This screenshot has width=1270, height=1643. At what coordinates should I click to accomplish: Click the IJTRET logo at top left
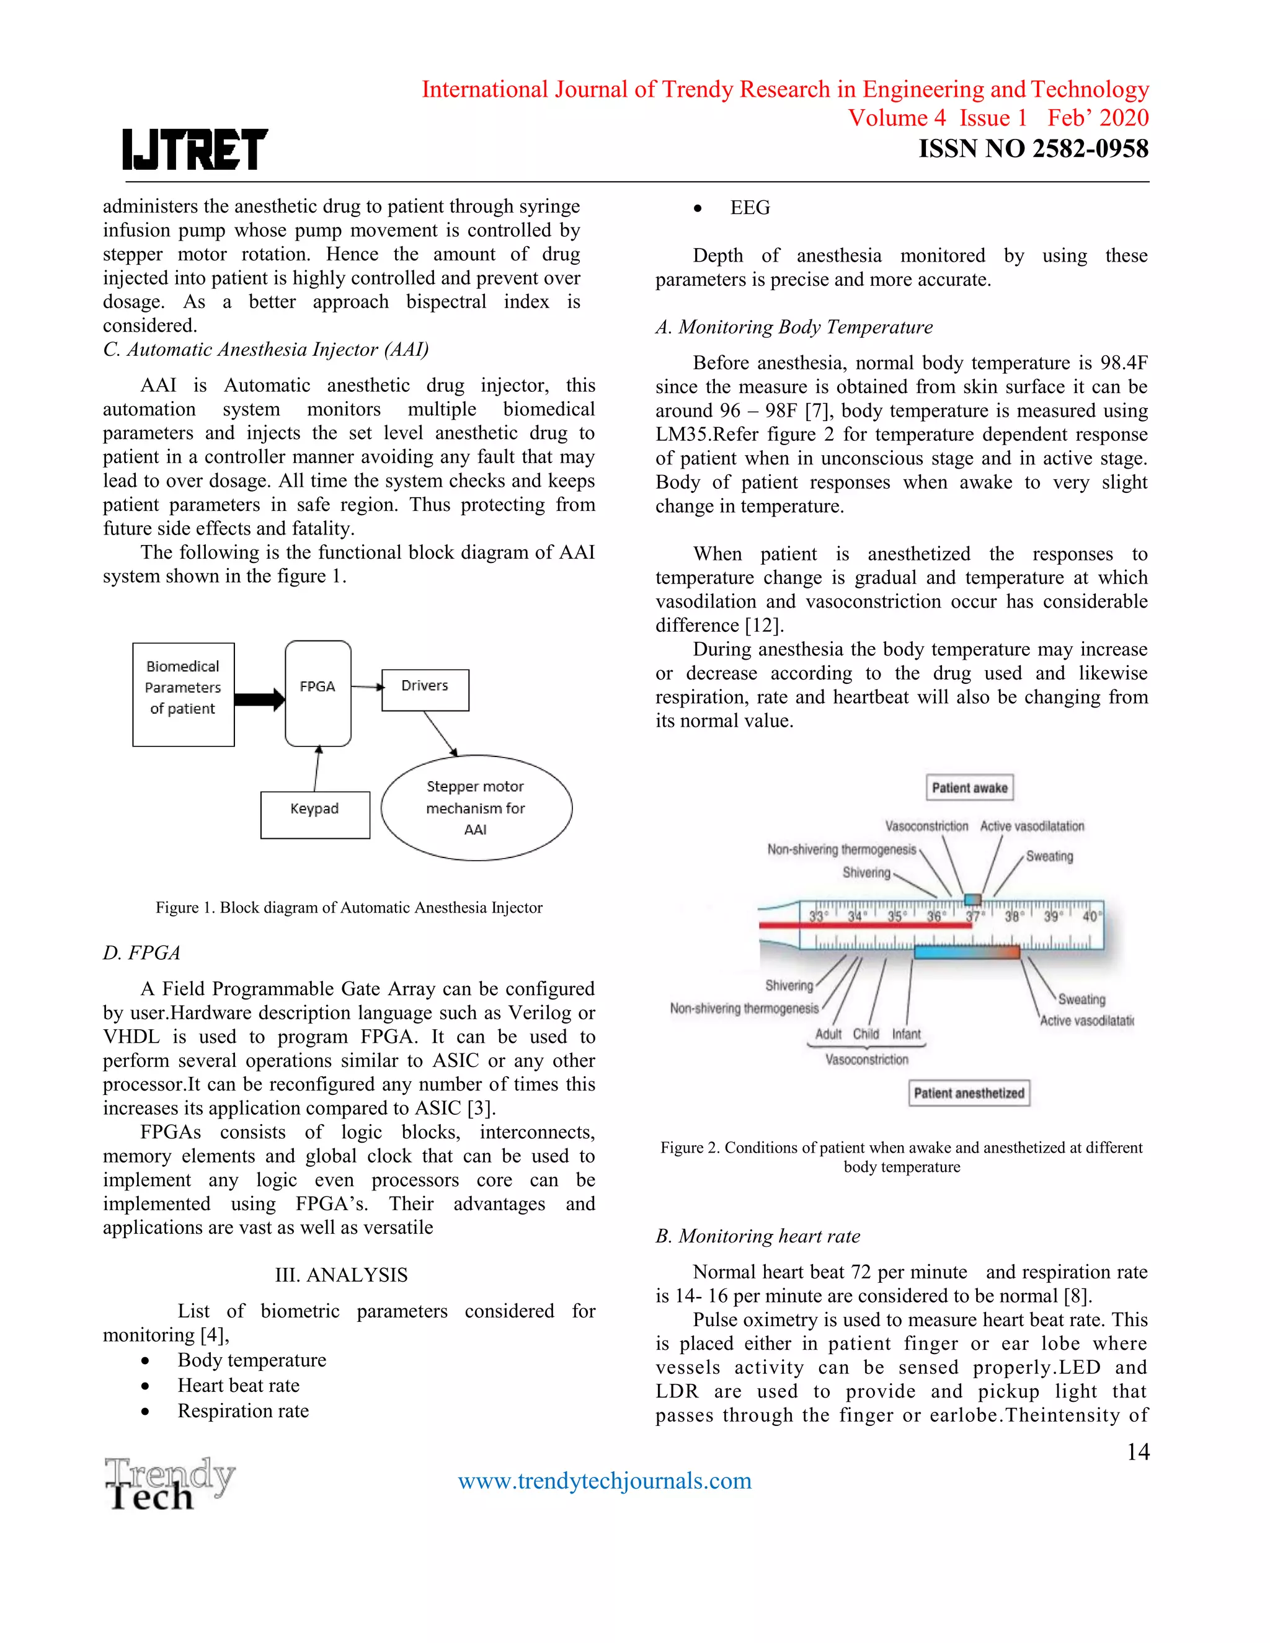click(195, 149)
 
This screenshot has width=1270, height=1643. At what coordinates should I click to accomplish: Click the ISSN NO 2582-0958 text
click(1033, 149)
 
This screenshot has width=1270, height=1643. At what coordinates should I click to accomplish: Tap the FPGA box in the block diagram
click(317, 693)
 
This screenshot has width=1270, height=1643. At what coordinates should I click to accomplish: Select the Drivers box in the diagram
click(425, 689)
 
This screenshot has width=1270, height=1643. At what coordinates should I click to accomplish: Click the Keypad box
click(315, 814)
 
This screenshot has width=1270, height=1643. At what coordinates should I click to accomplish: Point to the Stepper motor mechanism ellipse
click(476, 808)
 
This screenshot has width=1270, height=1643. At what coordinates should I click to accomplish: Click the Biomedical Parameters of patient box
click(183, 694)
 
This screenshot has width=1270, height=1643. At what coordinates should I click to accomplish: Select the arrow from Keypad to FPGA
click(317, 769)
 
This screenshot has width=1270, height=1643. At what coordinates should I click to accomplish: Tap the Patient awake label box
click(969, 787)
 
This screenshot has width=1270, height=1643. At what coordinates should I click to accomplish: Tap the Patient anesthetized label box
click(969, 1093)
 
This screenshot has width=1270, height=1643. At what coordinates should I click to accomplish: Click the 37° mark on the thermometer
click(974, 916)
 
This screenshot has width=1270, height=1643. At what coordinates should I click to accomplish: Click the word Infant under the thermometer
click(906, 1034)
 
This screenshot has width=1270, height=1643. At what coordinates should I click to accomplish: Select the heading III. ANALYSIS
click(341, 1275)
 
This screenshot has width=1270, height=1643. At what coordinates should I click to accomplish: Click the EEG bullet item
click(749, 208)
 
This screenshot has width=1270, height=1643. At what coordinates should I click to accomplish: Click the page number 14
click(1137, 1452)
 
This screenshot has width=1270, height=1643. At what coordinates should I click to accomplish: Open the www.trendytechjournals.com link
click(605, 1481)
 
